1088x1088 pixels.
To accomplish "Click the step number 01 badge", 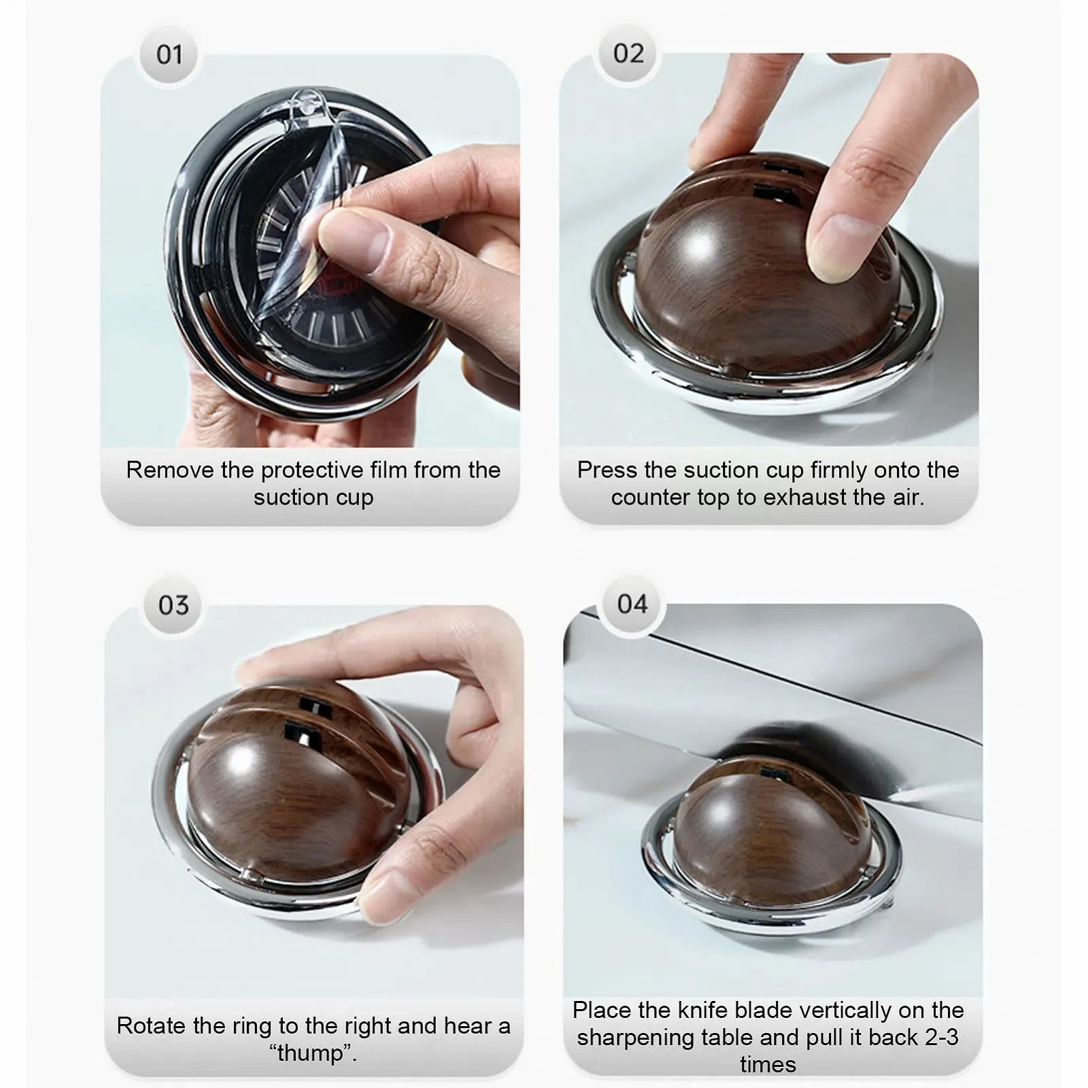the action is (169, 54).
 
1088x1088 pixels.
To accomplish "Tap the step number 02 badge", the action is (628, 53).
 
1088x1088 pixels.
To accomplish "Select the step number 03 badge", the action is (173, 605).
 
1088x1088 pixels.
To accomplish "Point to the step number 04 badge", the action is (632, 603).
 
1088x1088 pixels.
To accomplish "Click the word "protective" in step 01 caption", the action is (312, 470).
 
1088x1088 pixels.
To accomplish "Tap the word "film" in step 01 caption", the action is (389, 469).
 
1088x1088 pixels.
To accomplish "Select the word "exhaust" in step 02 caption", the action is (798, 497).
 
